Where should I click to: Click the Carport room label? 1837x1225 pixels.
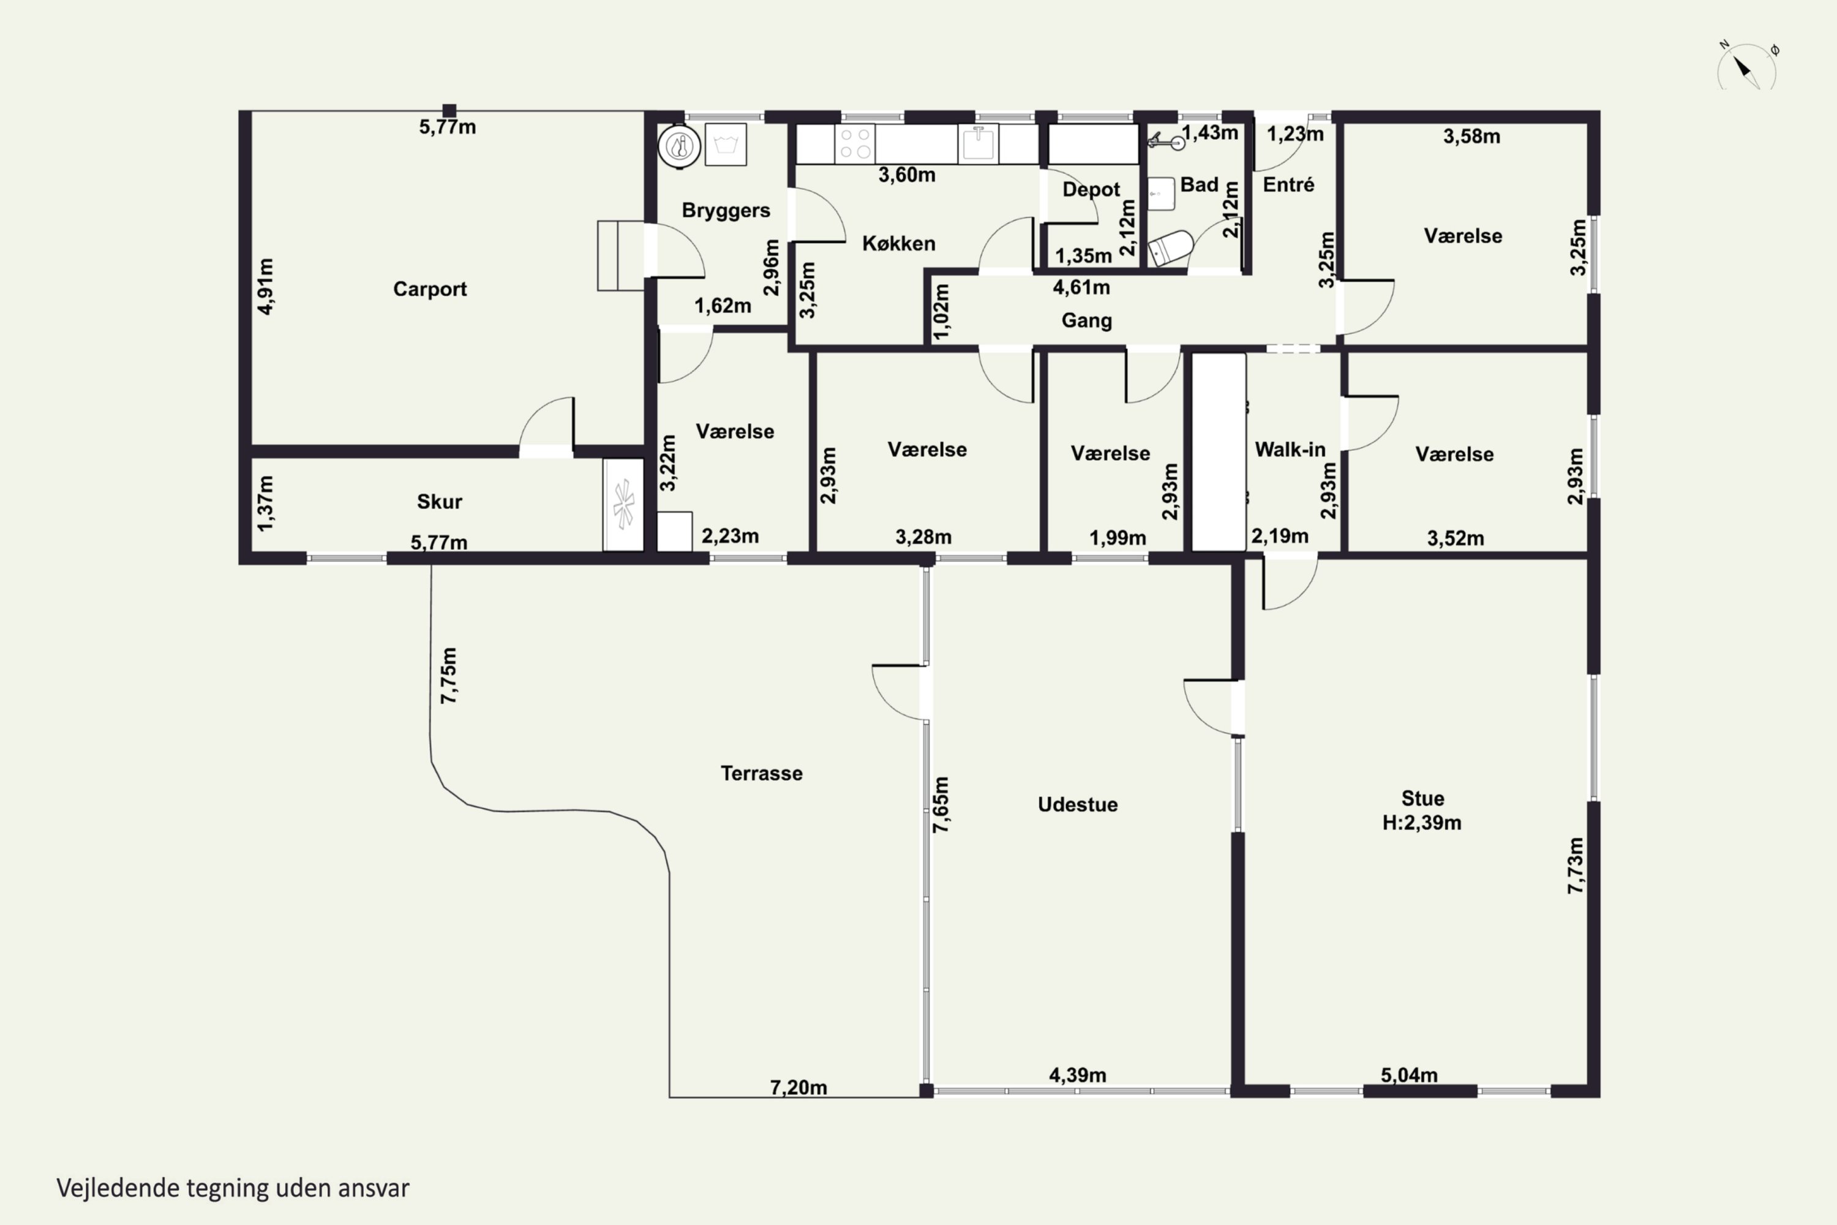coord(430,289)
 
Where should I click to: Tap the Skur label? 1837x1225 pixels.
coord(439,502)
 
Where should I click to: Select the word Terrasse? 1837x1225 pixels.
coord(762,774)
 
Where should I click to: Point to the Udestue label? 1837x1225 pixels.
coord(1078,805)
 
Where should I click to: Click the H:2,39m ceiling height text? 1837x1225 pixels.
coord(1421,823)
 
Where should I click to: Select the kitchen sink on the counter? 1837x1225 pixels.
coord(978,144)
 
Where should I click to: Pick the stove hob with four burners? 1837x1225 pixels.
coord(854,144)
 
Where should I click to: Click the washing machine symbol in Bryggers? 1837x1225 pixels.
coord(726,145)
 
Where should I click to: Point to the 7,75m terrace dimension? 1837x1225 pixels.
coord(448,676)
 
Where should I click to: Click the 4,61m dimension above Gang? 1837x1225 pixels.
coord(1081,287)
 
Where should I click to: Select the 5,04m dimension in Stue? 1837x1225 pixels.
coord(1409,1075)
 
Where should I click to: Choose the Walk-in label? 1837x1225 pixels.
coord(1290,450)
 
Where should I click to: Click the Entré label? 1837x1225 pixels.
coord(1289,185)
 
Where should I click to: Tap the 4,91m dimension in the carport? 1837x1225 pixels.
coord(266,286)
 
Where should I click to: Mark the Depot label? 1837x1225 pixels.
coord(1091,190)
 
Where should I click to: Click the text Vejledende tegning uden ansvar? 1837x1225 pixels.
coord(233,1188)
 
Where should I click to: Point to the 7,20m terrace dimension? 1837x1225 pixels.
coord(798,1088)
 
